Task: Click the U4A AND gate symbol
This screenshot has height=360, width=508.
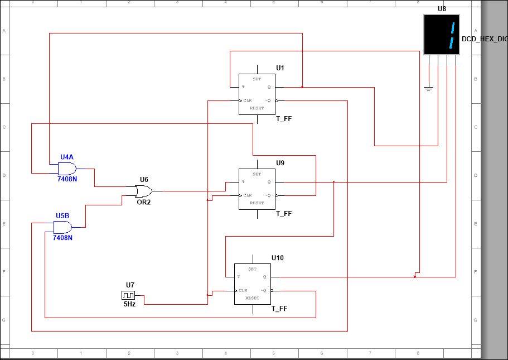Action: [x=67, y=169]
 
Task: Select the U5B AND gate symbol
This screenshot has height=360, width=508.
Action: [x=62, y=227]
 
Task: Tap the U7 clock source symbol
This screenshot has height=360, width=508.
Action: [x=128, y=295]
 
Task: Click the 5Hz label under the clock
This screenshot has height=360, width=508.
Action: [x=129, y=305]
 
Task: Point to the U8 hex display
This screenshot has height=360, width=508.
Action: [x=442, y=35]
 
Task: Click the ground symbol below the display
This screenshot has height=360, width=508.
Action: [x=428, y=88]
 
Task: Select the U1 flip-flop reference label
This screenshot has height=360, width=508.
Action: [x=280, y=68]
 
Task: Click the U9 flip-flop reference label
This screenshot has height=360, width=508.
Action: [x=280, y=163]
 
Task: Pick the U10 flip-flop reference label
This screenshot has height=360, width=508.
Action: [x=277, y=258]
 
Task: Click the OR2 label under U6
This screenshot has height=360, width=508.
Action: [x=143, y=202]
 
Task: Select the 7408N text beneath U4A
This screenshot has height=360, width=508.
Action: [x=67, y=180]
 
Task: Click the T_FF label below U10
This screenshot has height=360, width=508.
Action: [x=279, y=309]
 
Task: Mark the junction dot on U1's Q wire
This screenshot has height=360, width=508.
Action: [x=302, y=87]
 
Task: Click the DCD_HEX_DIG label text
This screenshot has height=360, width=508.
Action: [x=484, y=39]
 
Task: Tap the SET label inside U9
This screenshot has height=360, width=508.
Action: [x=257, y=174]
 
